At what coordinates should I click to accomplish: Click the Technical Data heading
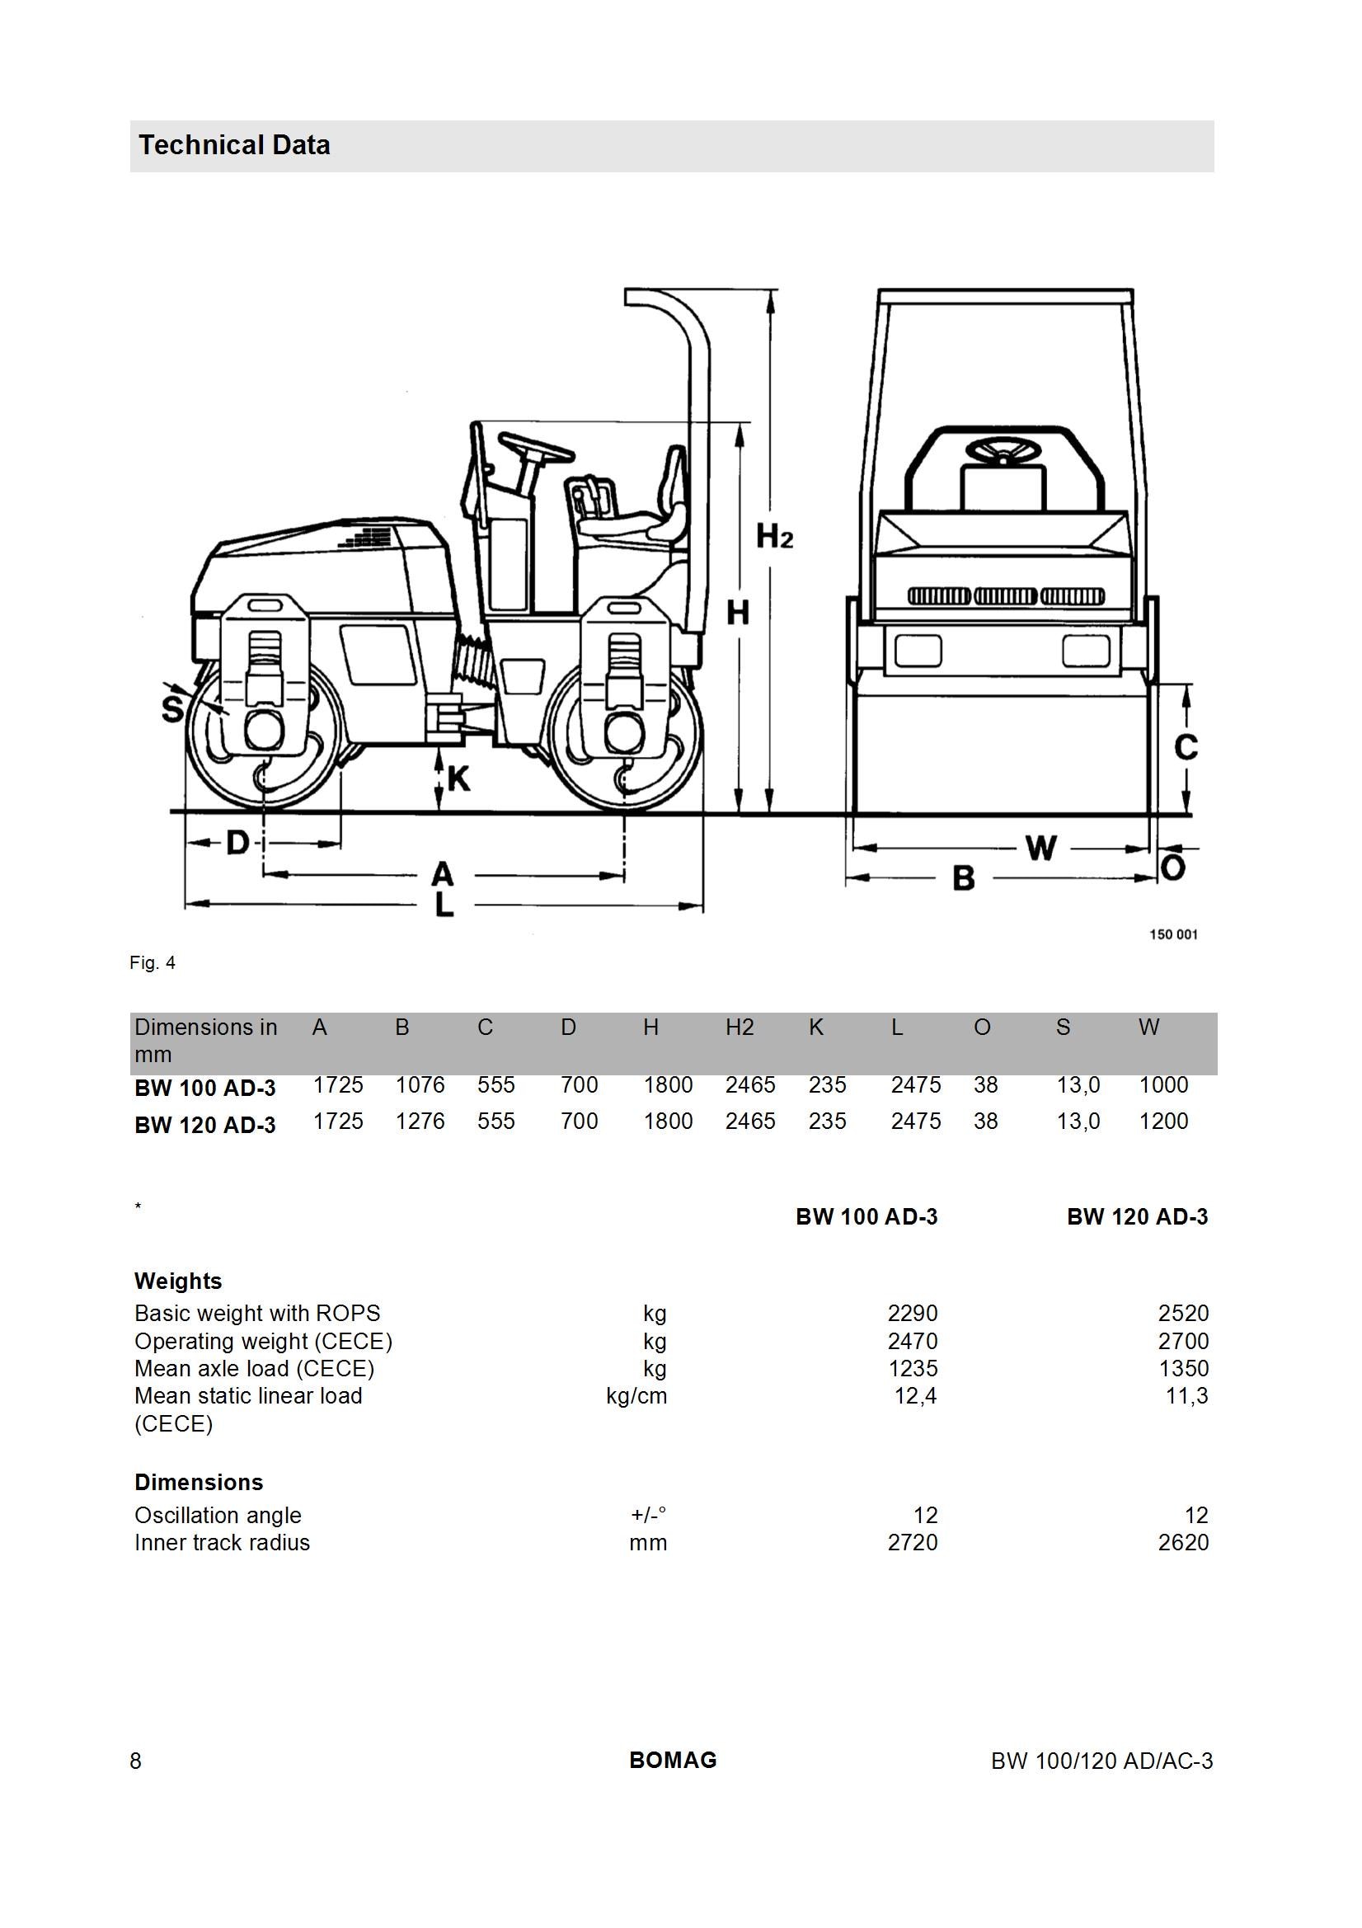[x=234, y=145]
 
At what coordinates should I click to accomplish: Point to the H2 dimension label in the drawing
[x=774, y=536]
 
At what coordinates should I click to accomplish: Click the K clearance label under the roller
[x=458, y=779]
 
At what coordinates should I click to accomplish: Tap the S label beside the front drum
[x=173, y=709]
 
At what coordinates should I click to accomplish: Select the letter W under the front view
[x=1041, y=848]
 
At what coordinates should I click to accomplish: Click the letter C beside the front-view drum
[x=1186, y=746]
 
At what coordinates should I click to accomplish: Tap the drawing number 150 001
[x=1173, y=934]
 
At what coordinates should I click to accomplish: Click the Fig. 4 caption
[x=153, y=963]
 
